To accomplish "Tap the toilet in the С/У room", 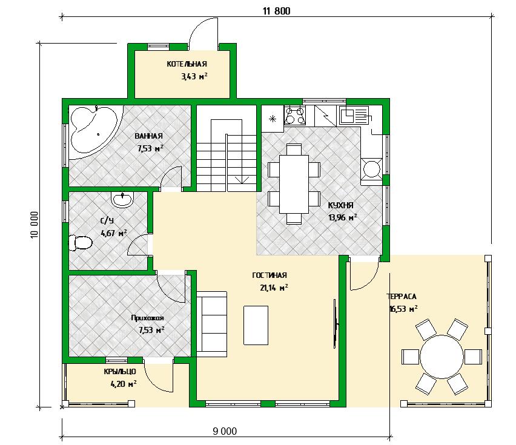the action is pos(80,243).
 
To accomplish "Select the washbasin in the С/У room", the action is pos(122,200).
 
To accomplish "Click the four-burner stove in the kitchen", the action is pos(294,115).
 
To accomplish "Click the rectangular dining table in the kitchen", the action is pos(294,184).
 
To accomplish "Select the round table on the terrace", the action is pos(442,357).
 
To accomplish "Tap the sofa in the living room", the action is pos(212,324).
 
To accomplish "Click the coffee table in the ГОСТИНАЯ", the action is pos(256,325).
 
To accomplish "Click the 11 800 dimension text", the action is pos(276,11).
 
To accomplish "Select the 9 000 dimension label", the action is pos(225,431).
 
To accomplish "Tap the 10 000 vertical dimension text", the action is pos(35,225).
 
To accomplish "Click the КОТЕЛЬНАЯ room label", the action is pos(187,64).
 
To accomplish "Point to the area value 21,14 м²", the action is pos(274,288).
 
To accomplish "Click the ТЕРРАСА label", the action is pos(402,297).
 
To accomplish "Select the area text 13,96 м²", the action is pos(343,217).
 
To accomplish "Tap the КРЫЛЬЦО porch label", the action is pos(120,372).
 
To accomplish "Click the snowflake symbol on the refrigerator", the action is pos(273,119).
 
